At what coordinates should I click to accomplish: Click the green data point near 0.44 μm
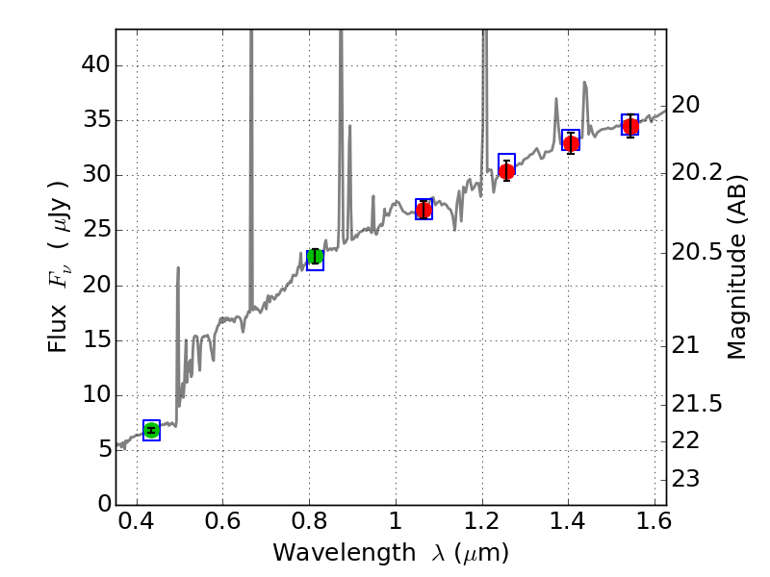click(151, 430)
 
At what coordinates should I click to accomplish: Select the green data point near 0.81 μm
click(315, 256)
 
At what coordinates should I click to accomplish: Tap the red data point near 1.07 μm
click(423, 210)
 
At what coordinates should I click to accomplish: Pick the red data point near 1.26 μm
click(506, 171)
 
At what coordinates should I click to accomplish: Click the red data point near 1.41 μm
click(571, 143)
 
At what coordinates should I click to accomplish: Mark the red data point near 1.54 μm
click(629, 127)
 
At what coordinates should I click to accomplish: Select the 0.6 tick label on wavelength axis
click(222, 525)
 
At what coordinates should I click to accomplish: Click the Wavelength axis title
click(390, 554)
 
